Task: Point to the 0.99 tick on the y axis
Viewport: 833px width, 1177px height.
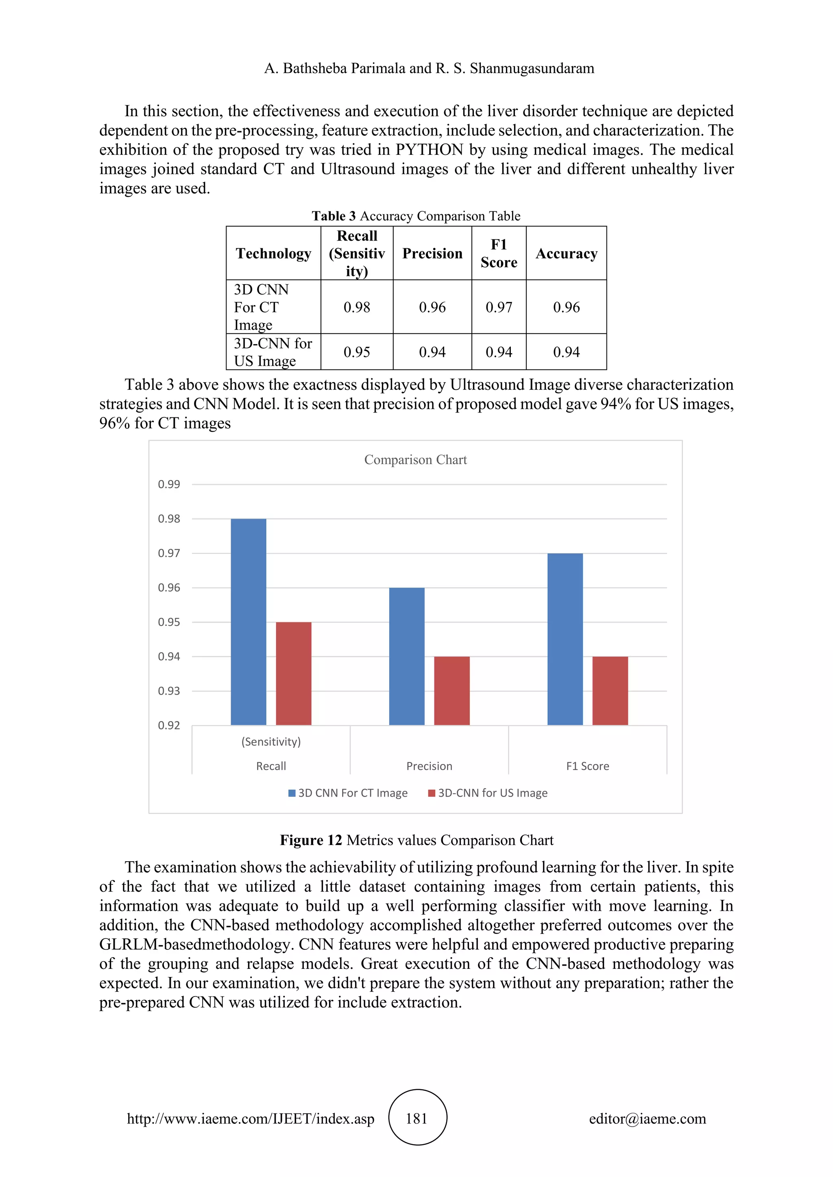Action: point(169,484)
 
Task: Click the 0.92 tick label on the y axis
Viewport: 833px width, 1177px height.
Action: point(169,725)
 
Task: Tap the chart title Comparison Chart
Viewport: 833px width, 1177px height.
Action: point(415,460)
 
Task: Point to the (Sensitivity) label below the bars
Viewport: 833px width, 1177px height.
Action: point(271,742)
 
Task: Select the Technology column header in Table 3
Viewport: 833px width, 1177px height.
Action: point(273,254)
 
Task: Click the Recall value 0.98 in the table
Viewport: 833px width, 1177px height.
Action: point(356,307)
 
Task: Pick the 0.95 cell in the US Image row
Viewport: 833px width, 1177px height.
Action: point(356,352)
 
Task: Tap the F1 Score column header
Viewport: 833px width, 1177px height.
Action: point(499,254)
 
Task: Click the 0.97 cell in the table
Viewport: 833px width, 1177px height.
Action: point(499,307)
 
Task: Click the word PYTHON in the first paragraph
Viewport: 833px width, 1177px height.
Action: point(430,150)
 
